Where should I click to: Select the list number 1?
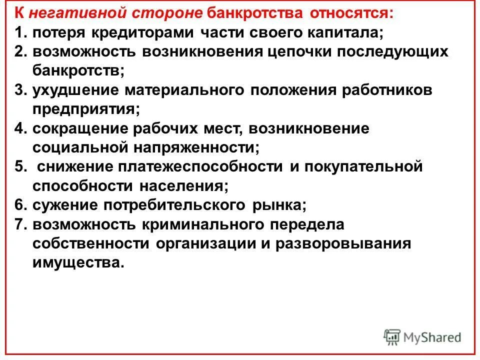point(19,33)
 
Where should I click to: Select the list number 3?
point(19,90)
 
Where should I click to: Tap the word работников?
point(381,90)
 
